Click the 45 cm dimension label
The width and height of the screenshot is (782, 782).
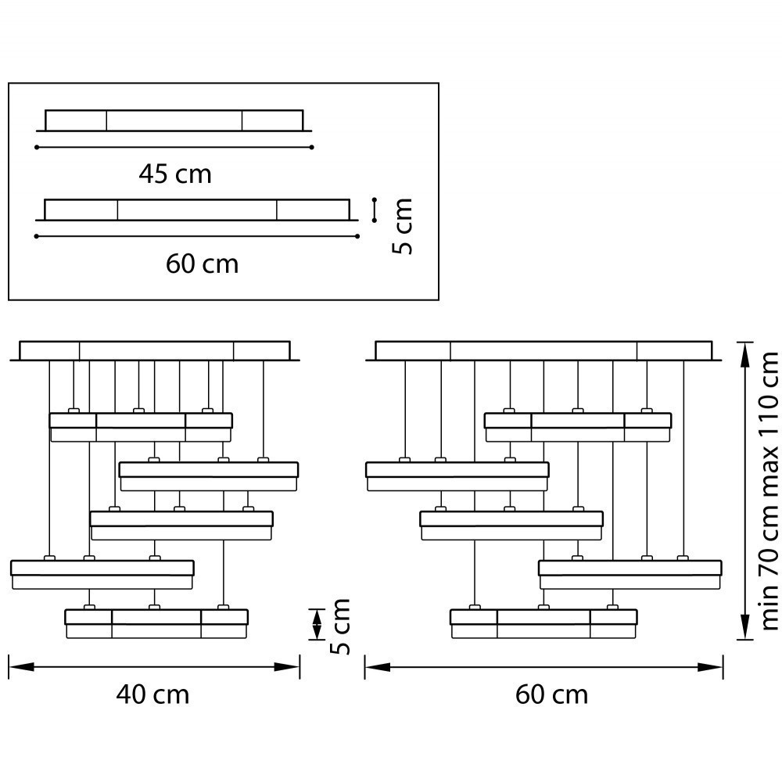tap(175, 174)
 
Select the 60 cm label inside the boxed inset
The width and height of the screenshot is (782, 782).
tap(202, 264)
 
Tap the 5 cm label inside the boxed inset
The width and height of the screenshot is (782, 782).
tap(402, 227)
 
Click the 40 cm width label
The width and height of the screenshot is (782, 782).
tap(152, 694)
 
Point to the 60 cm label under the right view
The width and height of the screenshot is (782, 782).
tap(551, 694)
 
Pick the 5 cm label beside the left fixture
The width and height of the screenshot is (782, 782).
tap(340, 626)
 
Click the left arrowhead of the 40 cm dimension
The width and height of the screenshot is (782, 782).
tap(21, 667)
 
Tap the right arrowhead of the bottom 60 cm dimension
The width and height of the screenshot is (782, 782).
tap(710, 667)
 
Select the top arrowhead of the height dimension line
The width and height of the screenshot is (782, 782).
tap(744, 354)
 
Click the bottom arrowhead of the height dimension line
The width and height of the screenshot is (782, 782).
tap(744, 627)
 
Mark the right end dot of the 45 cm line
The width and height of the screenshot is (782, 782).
tap(312, 147)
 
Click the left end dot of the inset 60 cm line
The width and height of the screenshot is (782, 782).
tap(37, 236)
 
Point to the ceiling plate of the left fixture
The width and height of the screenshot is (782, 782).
tap(155, 350)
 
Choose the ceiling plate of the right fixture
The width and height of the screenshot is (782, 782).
tap(543, 350)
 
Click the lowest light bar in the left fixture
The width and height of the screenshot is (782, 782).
tap(156, 624)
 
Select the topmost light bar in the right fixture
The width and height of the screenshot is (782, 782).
tap(578, 428)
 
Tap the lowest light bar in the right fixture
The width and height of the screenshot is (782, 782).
tap(543, 624)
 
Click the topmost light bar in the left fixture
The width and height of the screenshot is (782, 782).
tap(141, 428)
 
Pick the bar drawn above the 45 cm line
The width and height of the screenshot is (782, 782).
tap(174, 120)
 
